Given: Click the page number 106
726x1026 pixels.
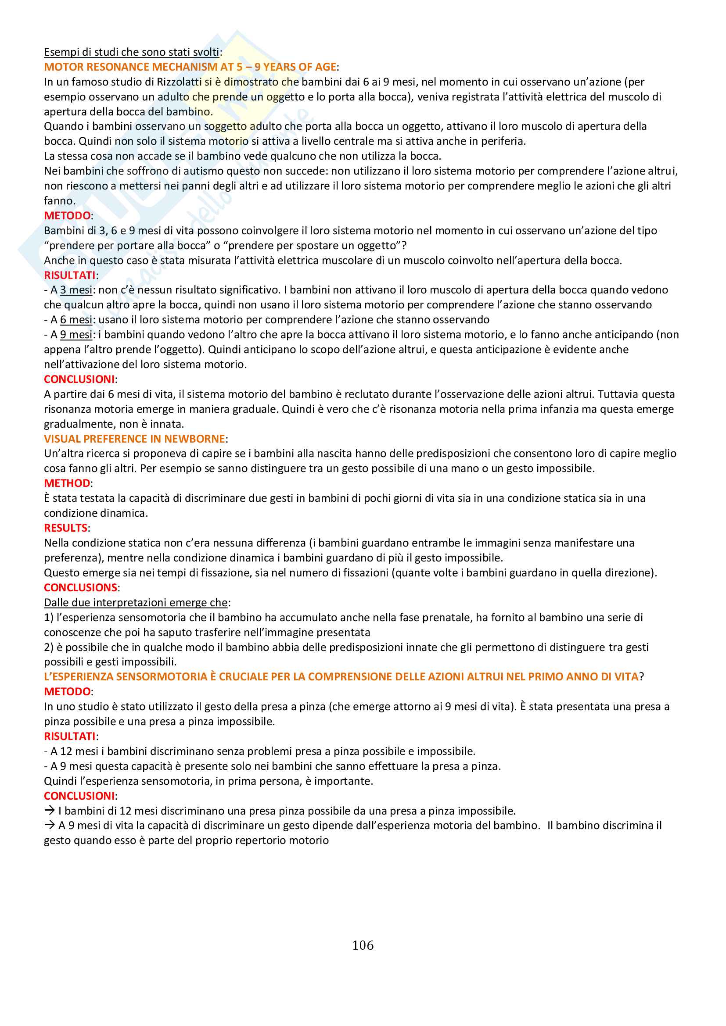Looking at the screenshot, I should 363,945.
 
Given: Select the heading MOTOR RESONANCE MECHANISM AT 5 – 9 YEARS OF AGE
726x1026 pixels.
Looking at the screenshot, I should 190,67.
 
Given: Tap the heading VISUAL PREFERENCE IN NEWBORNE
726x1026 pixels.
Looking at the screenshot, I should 134,439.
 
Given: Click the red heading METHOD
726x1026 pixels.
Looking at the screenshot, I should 67,483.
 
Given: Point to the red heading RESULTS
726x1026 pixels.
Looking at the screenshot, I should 66,528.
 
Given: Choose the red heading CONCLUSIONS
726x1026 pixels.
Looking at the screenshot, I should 80,587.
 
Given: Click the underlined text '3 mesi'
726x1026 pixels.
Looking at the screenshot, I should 76,290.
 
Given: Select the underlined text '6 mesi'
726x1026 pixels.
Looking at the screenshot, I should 76,320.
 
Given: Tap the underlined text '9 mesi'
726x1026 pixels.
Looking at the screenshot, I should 76,335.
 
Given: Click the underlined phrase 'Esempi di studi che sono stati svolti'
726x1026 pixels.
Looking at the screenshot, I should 131,52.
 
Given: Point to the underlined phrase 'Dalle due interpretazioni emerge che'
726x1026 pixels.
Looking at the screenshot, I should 136,602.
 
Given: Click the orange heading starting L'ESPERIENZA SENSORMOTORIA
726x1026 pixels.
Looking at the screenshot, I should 341,676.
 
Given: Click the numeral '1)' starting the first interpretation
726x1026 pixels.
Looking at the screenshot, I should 49,617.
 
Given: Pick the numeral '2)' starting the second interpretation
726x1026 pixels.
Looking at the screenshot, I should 49,647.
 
